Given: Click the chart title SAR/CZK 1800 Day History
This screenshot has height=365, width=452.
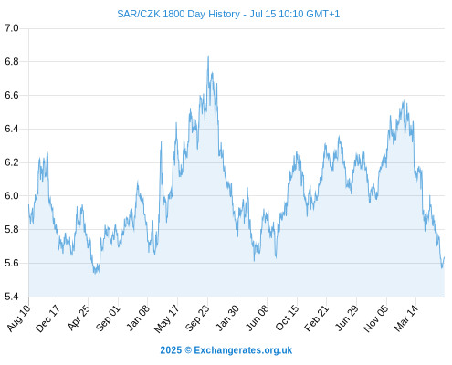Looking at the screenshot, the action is (178, 14).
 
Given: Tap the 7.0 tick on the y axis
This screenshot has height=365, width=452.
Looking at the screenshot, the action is (12, 28).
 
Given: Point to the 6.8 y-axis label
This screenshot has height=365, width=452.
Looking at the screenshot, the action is (12, 62).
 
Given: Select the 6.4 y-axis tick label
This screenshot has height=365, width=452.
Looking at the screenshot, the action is (12, 129).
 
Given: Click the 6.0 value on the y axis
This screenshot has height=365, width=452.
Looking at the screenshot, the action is (12, 196).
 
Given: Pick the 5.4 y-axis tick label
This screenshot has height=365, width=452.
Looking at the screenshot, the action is (12, 297).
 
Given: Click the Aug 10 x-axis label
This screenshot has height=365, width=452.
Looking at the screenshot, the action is (19, 318).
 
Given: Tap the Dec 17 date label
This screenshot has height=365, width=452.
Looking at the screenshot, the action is (47, 318).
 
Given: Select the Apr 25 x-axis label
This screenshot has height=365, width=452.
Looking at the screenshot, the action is (79, 318).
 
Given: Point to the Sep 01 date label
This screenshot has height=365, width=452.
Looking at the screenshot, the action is (108, 318).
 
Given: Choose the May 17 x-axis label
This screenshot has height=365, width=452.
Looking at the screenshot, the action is (167, 318).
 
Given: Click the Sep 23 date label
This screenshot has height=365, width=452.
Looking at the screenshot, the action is (197, 318).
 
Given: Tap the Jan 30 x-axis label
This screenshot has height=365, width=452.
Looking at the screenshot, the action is (227, 318).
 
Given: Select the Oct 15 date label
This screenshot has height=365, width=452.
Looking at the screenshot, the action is (287, 318).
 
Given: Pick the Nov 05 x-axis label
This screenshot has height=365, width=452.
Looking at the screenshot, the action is (376, 318).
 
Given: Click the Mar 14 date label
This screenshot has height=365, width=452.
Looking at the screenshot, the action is (405, 318).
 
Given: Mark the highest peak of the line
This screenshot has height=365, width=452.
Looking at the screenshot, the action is (208, 56).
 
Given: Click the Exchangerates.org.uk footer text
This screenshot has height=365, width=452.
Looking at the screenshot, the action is (243, 350).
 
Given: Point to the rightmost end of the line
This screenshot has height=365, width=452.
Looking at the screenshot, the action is (445, 257).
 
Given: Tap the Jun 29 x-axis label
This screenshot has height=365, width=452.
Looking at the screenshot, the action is (346, 318).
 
